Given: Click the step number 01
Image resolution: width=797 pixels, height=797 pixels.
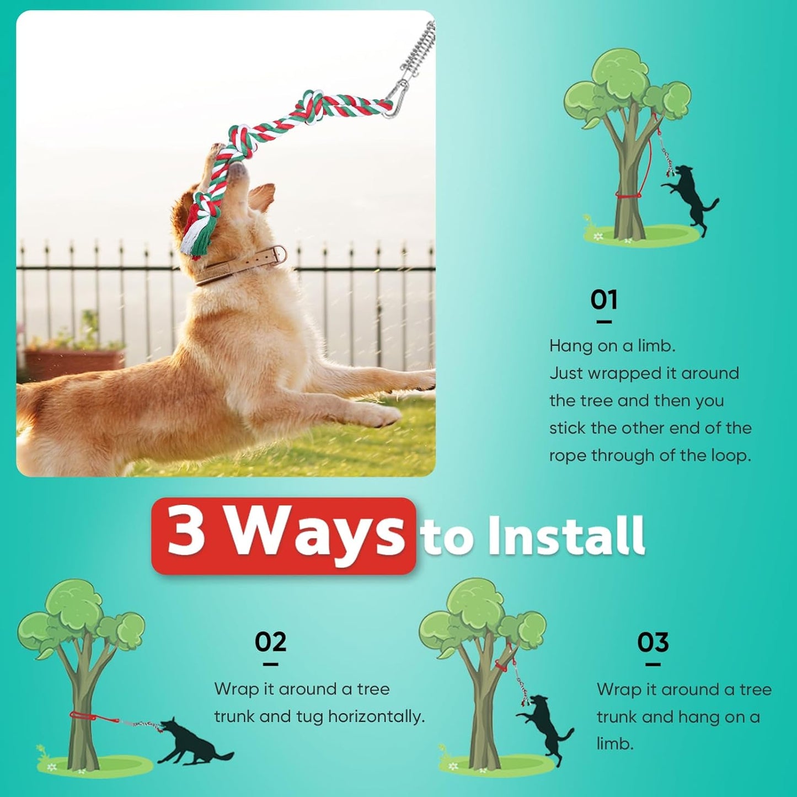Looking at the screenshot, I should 603,300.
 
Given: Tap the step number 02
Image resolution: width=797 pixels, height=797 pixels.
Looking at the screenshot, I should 270,643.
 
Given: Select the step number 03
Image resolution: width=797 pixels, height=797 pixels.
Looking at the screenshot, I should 652,643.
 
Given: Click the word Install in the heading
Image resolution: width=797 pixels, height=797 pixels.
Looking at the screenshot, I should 566,536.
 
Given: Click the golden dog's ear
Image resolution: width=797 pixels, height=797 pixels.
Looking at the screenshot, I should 262,196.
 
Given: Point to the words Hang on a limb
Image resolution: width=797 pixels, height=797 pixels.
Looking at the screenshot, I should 612,346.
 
